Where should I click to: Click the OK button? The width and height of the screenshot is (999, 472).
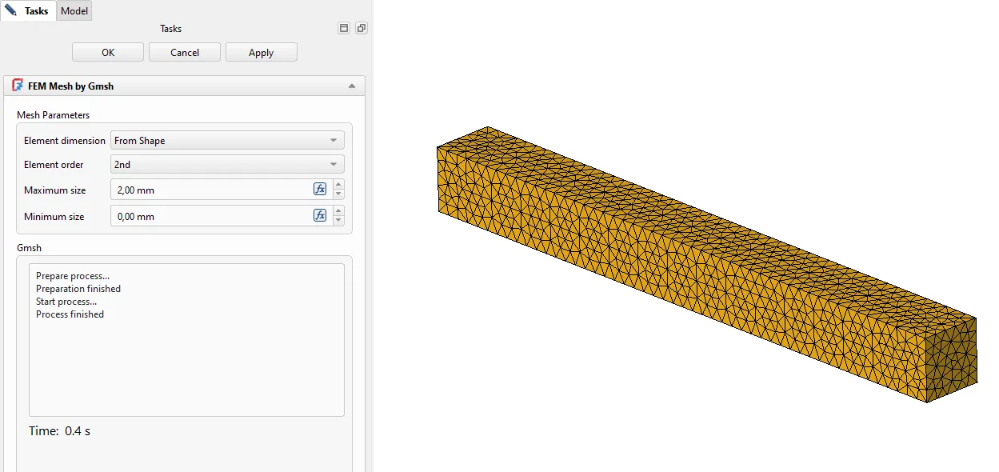tap(108, 52)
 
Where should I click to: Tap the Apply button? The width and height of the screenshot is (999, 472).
tap(262, 52)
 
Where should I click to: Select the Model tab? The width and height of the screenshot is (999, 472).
tap(74, 10)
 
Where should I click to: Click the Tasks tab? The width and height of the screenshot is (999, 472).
tap(28, 10)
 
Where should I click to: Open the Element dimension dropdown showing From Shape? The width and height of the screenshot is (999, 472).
tap(227, 141)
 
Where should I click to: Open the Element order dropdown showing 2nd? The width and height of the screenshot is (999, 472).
tap(227, 165)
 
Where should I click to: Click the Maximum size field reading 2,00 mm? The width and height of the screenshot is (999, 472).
tap(212, 190)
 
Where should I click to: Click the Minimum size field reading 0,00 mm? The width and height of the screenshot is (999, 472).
tap(212, 216)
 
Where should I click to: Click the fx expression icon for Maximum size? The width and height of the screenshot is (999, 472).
tap(320, 189)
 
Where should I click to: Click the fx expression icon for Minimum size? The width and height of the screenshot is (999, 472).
tap(320, 215)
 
